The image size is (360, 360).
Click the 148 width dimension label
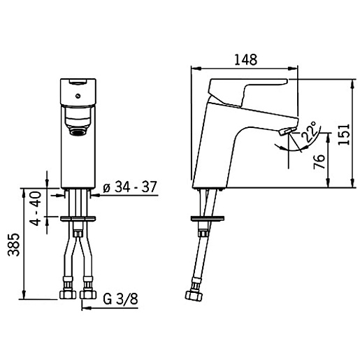(x=246, y=59)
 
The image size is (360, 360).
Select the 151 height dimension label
(x=345, y=134)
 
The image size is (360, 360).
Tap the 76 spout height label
(x=319, y=161)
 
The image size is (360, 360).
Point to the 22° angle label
(x=310, y=132)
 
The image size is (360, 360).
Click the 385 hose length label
(x=14, y=245)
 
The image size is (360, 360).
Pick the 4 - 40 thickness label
(x=36, y=208)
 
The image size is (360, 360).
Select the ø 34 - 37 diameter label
(x=130, y=187)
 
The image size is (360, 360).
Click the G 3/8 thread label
(x=120, y=299)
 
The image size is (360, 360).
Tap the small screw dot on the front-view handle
(x=78, y=96)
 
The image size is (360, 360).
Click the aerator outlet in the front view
(x=78, y=132)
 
